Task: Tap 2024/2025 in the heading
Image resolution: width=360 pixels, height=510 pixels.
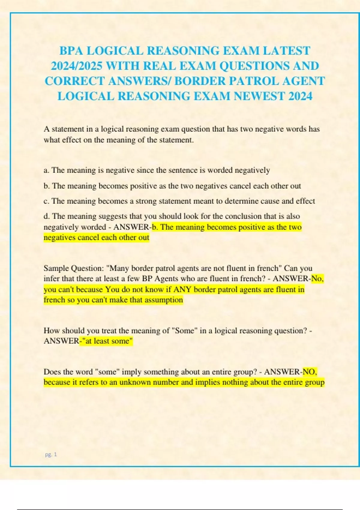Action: pos(76,66)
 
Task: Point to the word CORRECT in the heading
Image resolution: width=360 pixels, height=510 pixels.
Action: pos(74,81)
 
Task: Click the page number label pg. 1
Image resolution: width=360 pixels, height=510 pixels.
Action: pos(51,454)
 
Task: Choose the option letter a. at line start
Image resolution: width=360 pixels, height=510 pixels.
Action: pos(46,170)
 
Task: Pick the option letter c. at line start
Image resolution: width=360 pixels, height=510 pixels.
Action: pos(46,201)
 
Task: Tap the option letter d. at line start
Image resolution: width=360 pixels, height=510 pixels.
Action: pos(46,216)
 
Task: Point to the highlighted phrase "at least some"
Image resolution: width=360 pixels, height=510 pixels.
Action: pos(107,341)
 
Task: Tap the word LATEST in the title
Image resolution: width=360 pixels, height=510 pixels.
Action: pos(286,51)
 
